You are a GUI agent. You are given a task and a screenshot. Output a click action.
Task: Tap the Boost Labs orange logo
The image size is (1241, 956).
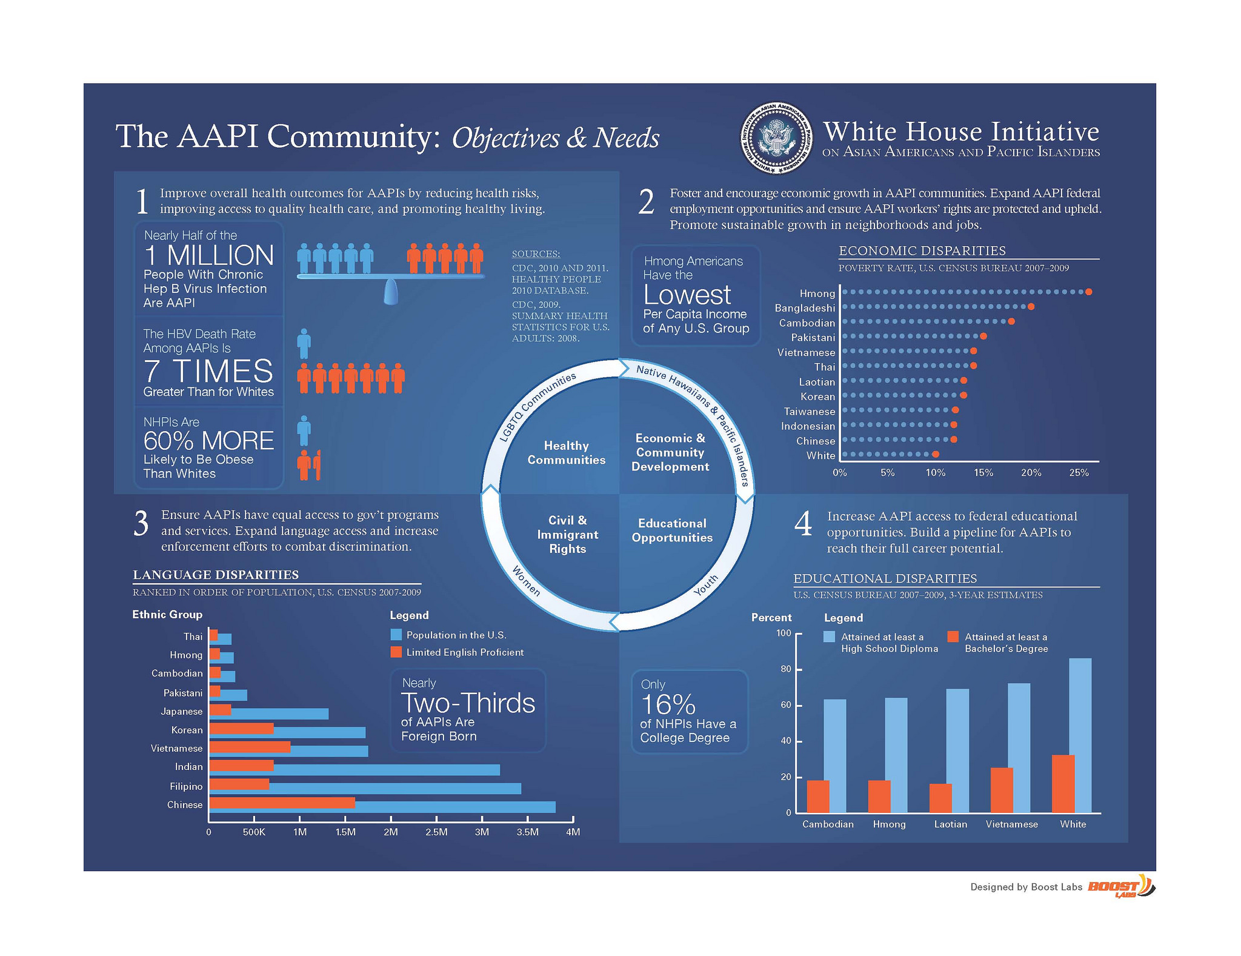1121,886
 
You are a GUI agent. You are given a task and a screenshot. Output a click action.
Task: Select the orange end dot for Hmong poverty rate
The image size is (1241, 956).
1088,292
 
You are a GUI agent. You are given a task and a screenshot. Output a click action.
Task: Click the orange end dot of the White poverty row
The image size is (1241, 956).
936,454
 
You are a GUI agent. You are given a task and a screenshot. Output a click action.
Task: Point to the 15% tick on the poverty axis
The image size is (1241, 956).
983,472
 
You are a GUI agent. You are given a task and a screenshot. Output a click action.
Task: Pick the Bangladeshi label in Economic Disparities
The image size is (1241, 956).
805,309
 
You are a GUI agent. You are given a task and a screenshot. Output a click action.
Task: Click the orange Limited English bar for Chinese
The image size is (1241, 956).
282,803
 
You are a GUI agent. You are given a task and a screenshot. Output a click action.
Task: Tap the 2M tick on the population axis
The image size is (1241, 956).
391,832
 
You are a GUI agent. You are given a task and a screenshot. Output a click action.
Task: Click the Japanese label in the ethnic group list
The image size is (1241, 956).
182,711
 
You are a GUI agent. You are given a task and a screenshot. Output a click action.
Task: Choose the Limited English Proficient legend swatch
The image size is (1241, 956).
396,652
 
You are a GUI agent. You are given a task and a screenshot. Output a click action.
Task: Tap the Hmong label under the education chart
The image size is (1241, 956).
889,824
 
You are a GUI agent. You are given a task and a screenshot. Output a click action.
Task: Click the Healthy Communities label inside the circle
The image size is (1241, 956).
566,453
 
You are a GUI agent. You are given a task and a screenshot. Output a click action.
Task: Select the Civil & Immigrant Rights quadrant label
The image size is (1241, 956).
567,535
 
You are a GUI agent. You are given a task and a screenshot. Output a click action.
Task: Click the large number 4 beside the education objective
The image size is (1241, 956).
803,524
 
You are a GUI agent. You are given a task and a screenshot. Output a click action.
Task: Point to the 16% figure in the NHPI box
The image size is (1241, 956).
668,704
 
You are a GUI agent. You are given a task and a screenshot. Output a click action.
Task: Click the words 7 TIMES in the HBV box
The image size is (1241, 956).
208,371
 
